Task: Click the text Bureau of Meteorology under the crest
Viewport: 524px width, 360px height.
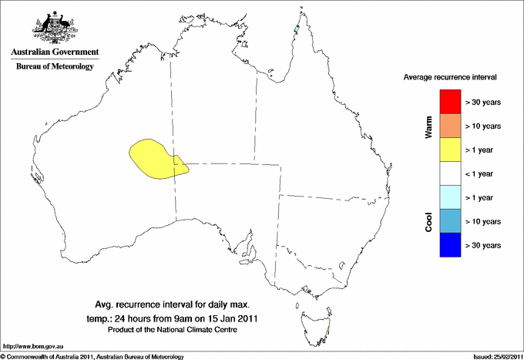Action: click(x=55, y=67)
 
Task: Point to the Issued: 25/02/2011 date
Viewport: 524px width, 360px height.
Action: click(x=494, y=356)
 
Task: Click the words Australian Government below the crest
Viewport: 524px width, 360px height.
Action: click(x=55, y=52)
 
